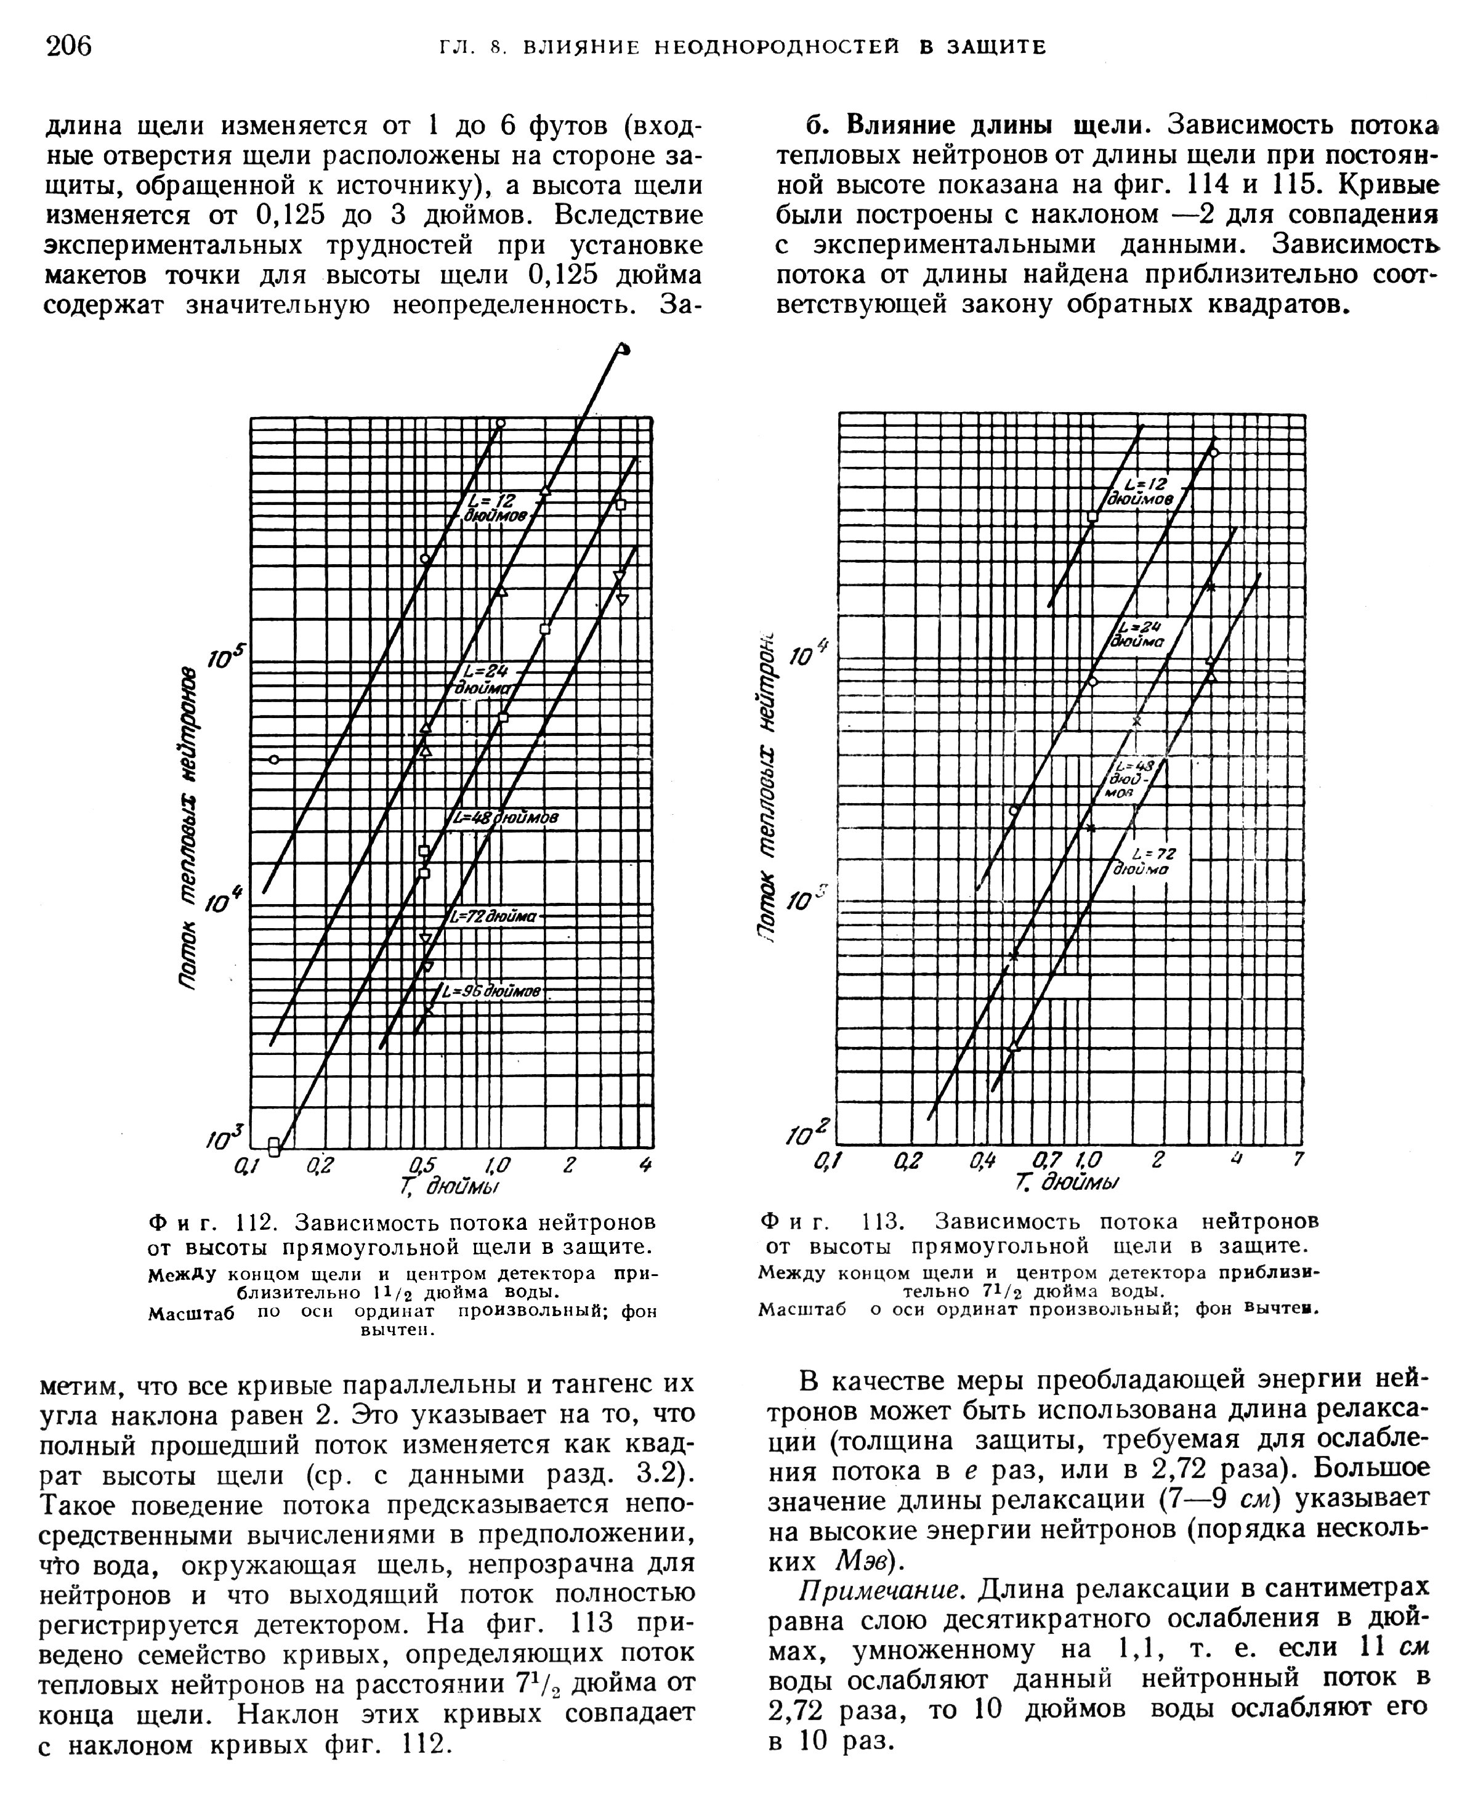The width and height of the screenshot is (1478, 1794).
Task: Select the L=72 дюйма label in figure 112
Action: tap(494, 917)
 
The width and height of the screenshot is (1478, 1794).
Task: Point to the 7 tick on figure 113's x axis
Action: tap(1298, 1160)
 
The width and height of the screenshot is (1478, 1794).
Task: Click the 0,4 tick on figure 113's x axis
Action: tap(982, 1160)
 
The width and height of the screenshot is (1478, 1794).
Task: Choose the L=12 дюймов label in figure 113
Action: tap(1142, 492)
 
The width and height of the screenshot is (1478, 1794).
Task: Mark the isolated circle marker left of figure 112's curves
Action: tap(274, 759)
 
